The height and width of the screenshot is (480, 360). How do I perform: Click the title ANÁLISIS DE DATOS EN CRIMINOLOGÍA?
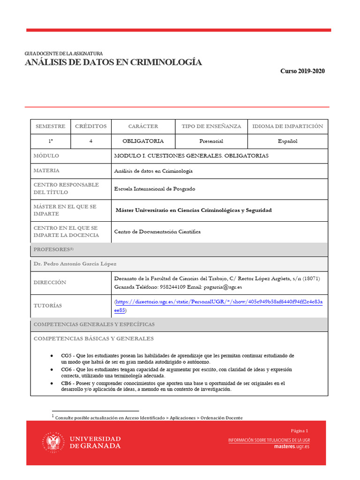click(113, 62)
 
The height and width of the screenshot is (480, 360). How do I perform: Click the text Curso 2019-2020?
click(302, 71)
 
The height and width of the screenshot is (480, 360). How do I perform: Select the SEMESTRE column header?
click(51, 127)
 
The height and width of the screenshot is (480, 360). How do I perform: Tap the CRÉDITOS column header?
click(91, 127)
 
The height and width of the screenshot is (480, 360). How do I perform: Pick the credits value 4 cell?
click(91, 141)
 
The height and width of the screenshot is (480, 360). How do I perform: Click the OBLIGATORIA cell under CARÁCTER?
click(143, 141)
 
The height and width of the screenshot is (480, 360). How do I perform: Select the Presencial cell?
click(211, 141)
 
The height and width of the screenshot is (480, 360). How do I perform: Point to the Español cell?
click(287, 141)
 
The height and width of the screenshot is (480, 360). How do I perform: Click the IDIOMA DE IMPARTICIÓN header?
click(287, 127)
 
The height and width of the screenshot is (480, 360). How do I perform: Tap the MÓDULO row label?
click(46, 156)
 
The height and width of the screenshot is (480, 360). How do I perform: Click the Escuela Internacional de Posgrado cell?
click(155, 189)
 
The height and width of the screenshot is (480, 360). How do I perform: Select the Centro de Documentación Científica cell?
click(157, 232)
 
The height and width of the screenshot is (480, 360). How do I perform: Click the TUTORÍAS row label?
click(48, 306)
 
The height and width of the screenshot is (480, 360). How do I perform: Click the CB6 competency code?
click(67, 383)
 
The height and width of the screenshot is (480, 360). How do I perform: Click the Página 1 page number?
click(300, 431)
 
